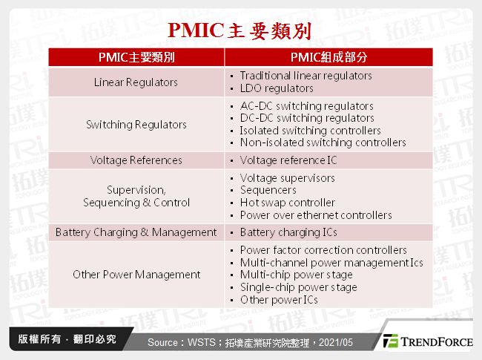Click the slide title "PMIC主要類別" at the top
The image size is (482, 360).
click(x=241, y=30)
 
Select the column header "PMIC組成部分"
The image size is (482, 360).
click(x=329, y=57)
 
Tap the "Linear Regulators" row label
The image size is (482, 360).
click(x=136, y=82)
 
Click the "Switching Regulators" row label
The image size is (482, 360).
click(x=136, y=124)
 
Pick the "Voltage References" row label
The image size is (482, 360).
click(x=136, y=160)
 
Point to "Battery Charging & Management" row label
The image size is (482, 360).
click(x=136, y=232)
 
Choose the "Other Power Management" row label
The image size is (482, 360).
click(x=136, y=275)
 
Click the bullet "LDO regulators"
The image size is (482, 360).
click(x=277, y=88)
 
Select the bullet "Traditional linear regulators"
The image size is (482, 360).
click(x=306, y=76)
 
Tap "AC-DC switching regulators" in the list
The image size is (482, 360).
click(x=307, y=106)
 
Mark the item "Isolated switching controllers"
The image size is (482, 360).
click(x=310, y=130)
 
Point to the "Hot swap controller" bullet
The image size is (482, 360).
click(x=287, y=203)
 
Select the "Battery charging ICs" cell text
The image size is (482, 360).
click(x=288, y=232)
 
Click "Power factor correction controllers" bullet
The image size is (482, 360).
click(x=323, y=250)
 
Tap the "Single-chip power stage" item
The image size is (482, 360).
click(x=298, y=287)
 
